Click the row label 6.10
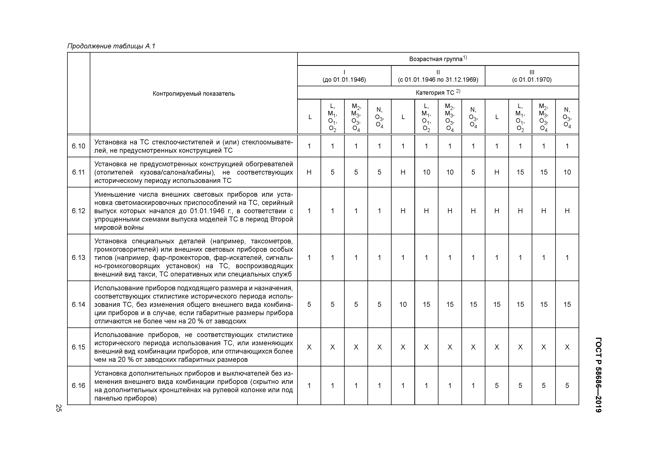[x=78, y=146]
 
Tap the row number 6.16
[x=78, y=386]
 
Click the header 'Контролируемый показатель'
[x=193, y=94]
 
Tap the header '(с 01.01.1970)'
[x=532, y=79]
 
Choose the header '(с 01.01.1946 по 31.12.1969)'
[x=438, y=79]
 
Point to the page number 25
[x=58, y=408]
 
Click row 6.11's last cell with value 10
[x=567, y=172]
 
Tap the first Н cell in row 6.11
[x=309, y=172]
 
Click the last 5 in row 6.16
[x=567, y=386]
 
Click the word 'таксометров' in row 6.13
[x=272, y=241]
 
